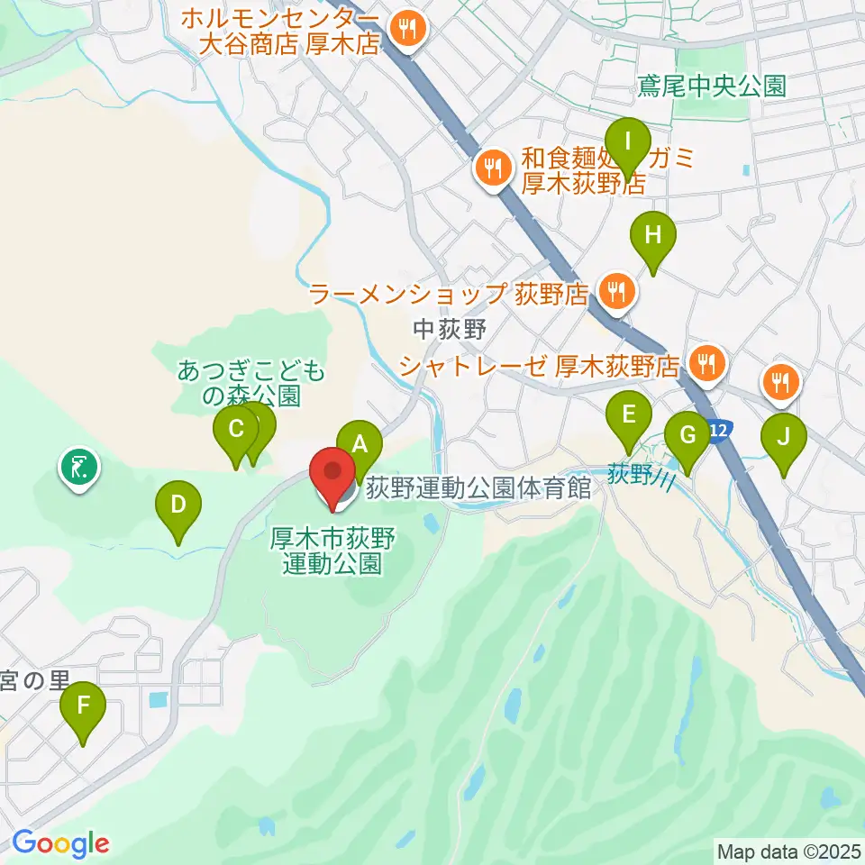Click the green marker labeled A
pyautogui.click(x=360, y=444)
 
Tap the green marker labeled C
pyautogui.click(x=236, y=429)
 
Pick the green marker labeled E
pyautogui.click(x=629, y=415)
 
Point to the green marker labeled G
pyautogui.click(x=687, y=436)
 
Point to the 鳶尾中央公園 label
pyautogui.click(x=711, y=86)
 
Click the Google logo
pyautogui.click(x=60, y=843)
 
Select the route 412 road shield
pyautogui.click(x=717, y=432)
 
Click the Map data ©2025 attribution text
pyautogui.click(x=788, y=850)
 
